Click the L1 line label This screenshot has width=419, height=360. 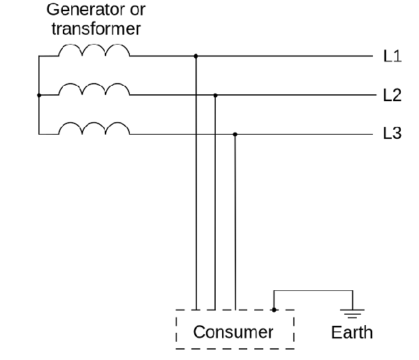392,56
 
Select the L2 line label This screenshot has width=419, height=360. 392,95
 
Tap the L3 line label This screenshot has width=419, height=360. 392,133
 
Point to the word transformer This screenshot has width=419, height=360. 96,29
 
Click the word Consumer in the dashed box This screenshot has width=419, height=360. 233,332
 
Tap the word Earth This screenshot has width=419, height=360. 352,333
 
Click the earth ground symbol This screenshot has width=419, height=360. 352,313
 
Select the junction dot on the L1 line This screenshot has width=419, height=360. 196,56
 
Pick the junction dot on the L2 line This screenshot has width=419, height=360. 215,96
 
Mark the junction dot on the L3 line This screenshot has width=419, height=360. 235,135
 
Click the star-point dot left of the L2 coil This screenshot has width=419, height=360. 39,95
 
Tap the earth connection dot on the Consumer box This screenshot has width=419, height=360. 274,310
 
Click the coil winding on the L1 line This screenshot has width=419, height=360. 94,45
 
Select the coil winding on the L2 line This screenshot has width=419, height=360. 94,84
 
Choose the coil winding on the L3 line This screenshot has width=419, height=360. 94,123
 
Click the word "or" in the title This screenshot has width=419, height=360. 138,10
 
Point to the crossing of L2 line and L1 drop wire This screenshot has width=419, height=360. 196,95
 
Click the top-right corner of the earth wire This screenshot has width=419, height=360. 353,290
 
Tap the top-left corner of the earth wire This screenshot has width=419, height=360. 274,290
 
